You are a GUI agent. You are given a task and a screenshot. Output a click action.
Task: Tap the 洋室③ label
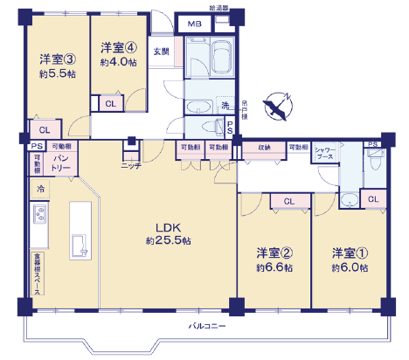57,60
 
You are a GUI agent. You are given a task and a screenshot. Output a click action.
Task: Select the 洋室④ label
117,47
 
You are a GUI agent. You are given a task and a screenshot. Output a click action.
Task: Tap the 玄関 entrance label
162,52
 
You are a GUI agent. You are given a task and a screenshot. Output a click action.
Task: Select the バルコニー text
207,326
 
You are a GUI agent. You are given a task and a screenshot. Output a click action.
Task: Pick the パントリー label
61,161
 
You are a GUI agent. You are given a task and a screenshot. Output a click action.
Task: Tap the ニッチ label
131,165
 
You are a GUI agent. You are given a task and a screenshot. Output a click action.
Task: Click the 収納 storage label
263,148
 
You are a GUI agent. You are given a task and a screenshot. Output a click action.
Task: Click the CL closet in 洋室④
109,104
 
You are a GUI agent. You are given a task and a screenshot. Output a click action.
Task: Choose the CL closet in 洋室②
287,202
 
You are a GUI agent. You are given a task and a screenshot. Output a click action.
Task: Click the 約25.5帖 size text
169,240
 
